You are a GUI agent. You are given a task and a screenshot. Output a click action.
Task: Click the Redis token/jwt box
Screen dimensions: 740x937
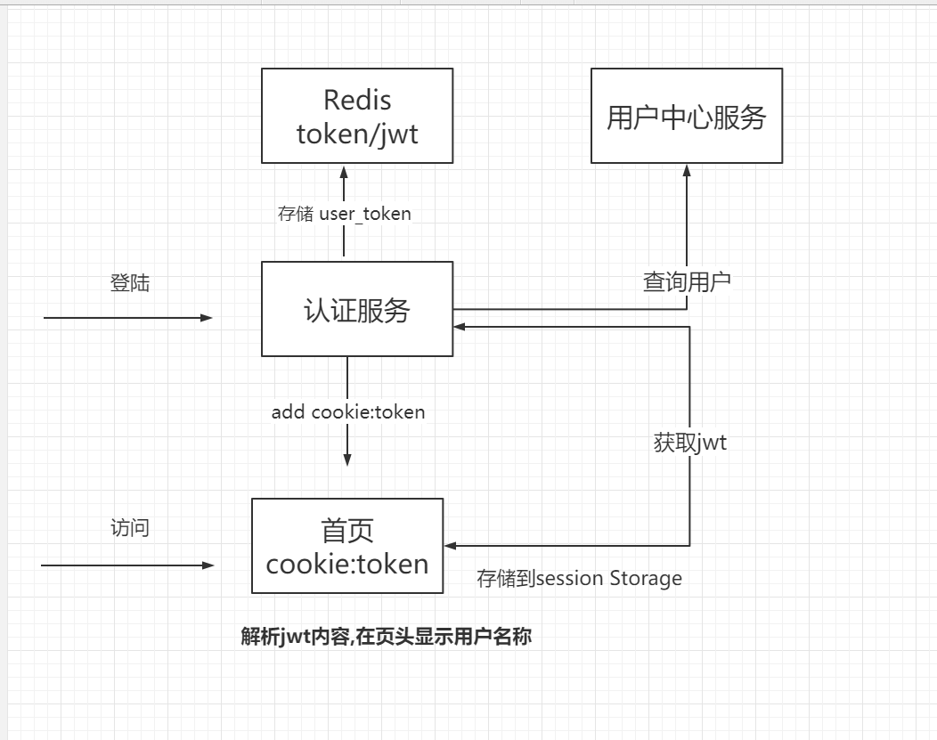tap(356, 116)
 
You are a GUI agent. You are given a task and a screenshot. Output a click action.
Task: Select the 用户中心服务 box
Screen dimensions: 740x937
tap(687, 116)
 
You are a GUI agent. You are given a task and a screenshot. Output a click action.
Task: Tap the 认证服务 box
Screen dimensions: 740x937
tap(356, 309)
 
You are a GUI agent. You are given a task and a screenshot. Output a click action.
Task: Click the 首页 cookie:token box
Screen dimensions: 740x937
tap(347, 546)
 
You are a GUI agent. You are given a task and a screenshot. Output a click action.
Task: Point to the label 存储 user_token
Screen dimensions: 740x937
tap(344, 214)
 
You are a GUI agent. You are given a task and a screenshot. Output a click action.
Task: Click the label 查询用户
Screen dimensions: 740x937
tap(687, 282)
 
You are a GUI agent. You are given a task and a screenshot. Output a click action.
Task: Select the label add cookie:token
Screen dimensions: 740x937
tap(348, 411)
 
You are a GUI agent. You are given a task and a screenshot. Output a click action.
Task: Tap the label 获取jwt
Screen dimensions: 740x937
tap(689, 443)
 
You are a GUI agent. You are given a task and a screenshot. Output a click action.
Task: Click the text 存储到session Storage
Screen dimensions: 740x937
tap(579, 579)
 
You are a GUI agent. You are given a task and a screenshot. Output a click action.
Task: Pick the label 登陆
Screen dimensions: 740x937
tap(130, 283)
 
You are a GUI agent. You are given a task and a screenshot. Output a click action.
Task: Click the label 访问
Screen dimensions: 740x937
tap(130, 528)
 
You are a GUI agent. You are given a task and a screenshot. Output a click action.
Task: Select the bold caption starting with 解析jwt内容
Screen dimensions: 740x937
tap(386, 637)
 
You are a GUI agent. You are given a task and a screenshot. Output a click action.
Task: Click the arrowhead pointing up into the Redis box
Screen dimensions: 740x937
tap(344, 171)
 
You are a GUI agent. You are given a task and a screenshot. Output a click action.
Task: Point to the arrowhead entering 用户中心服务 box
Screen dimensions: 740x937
tap(687, 171)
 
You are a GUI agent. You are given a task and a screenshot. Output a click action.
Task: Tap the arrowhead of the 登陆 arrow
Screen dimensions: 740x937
tap(208, 317)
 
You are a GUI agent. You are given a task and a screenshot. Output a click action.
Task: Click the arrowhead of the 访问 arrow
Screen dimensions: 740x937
tap(208, 565)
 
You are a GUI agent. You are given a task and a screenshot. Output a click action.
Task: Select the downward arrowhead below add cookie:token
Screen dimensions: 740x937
tap(347, 459)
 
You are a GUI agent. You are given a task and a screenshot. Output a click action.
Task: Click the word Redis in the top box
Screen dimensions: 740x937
tap(356, 100)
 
